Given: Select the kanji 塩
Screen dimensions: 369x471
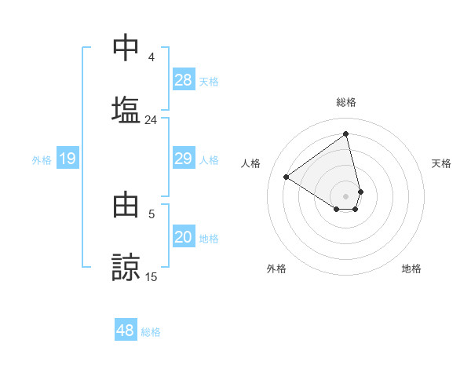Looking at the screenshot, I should click(x=126, y=109).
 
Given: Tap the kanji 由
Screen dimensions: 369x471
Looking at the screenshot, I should click(x=126, y=204).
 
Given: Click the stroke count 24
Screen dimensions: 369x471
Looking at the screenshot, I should click(x=151, y=120).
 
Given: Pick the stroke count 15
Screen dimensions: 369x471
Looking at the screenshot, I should click(x=151, y=277).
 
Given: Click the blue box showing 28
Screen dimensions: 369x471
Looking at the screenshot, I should click(x=184, y=80).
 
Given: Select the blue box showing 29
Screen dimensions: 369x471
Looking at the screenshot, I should click(x=184, y=159).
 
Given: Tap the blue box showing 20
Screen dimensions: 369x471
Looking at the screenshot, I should click(x=184, y=238).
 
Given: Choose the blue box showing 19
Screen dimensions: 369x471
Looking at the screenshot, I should click(x=68, y=159).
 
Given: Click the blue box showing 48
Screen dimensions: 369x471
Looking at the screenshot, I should click(x=126, y=331).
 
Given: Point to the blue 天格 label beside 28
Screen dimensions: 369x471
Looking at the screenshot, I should click(x=209, y=81).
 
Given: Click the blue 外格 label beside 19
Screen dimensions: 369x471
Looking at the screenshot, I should click(x=42, y=160).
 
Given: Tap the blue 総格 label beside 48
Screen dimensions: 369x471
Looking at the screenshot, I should click(x=151, y=332).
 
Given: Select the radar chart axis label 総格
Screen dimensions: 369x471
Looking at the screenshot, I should click(x=346, y=102).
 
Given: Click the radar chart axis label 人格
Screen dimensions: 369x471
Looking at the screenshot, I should click(x=251, y=163).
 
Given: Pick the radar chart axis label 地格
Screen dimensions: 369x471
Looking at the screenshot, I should click(x=411, y=269).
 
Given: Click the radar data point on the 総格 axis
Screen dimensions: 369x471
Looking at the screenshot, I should click(x=346, y=133).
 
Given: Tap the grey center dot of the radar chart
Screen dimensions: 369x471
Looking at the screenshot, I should click(x=345, y=195).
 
